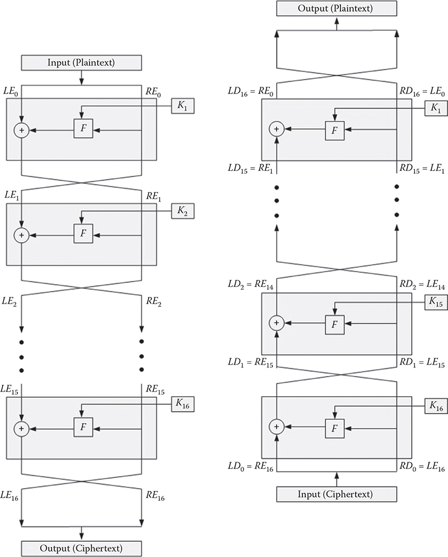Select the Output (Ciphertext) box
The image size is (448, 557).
pyautogui.click(x=82, y=547)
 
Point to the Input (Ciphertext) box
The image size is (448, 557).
pyautogui.click(x=336, y=494)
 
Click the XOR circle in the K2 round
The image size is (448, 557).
pyautogui.click(x=22, y=235)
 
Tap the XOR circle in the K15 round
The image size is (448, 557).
pyautogui.click(x=276, y=322)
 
